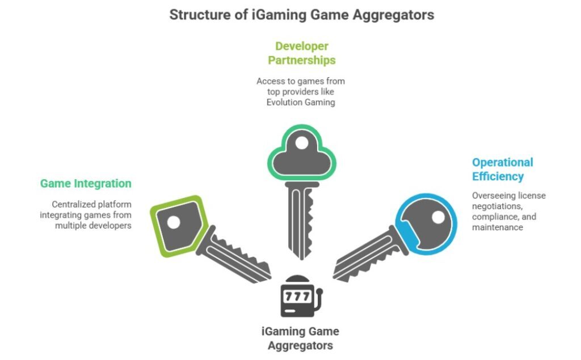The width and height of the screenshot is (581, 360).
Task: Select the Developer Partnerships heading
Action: [301, 53]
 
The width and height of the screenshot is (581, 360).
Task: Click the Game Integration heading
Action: [86, 184]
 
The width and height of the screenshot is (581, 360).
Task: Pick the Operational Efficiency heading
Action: [502, 169]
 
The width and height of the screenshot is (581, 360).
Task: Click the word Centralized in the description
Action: [73, 204]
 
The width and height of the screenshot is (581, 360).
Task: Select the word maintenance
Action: [496, 227]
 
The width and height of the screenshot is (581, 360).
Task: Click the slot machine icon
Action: [301, 295]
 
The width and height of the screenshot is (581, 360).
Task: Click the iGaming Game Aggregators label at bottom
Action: [300, 338]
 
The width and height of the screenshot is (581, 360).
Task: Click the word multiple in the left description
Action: [69, 226]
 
